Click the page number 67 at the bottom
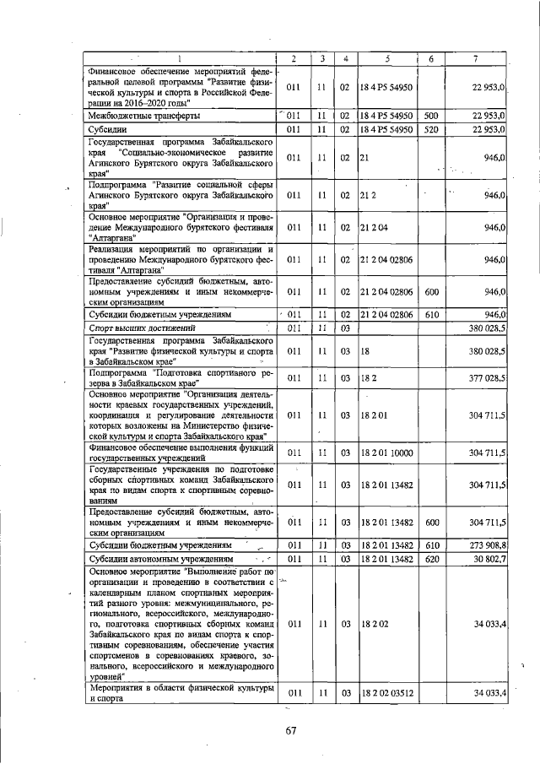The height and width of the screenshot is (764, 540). pos(289,730)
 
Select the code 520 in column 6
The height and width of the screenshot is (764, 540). pos(430,129)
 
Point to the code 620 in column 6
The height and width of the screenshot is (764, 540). pos(430,559)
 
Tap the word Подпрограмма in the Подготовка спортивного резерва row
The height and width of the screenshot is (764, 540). pos(119,375)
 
